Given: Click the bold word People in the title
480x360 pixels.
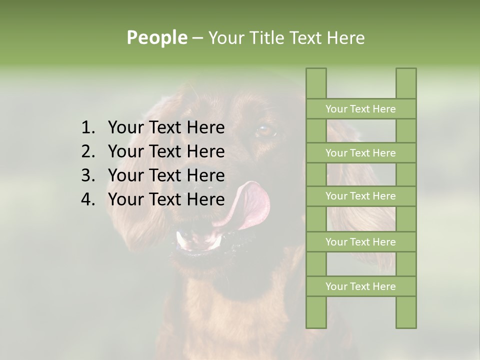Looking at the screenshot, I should [156, 37].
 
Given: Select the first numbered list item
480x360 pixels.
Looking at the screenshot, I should [166, 128].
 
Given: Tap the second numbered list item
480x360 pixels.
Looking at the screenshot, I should [166, 151].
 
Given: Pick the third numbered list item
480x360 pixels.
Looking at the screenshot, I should [166, 175].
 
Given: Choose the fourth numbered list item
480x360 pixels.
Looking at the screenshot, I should [166, 199].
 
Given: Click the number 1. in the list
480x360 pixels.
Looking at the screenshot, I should [87, 128].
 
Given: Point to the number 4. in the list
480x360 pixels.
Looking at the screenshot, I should [87, 199].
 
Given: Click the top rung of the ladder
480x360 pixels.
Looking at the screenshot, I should [360, 109].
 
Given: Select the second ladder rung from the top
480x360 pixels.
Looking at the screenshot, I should [360, 153].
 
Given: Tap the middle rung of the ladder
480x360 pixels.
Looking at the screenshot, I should [360, 196].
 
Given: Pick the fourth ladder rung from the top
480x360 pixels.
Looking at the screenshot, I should [360, 242].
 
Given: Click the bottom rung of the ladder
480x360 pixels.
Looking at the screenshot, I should [360, 286].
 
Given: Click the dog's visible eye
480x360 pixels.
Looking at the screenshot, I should [265, 131].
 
